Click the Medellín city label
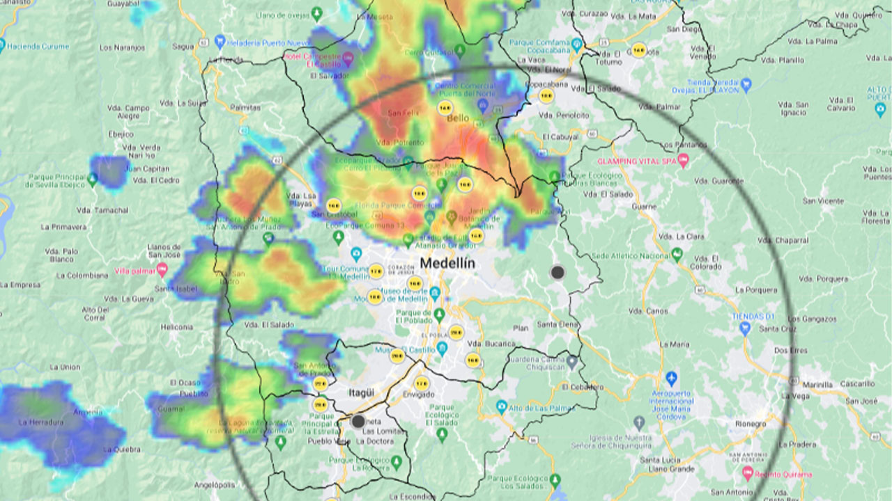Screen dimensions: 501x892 click(447, 264)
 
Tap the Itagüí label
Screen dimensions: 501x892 click(361, 393)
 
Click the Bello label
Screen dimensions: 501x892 click(458, 118)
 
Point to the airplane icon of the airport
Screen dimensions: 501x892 click(671, 379)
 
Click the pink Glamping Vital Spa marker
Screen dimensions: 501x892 click(683, 161)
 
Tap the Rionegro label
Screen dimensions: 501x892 click(751, 423)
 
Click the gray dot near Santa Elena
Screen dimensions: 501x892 click(557, 272)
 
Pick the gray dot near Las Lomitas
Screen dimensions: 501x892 click(358, 421)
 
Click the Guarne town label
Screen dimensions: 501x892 click(644, 207)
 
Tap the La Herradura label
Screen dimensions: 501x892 click(36, 422)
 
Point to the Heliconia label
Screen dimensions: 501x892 click(176, 327)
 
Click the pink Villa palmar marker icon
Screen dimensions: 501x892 click(162, 269)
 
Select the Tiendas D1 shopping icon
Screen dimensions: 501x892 click(745, 328)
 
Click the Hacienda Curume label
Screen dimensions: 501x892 click(39, 46)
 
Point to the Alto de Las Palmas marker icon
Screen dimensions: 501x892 click(501, 406)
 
